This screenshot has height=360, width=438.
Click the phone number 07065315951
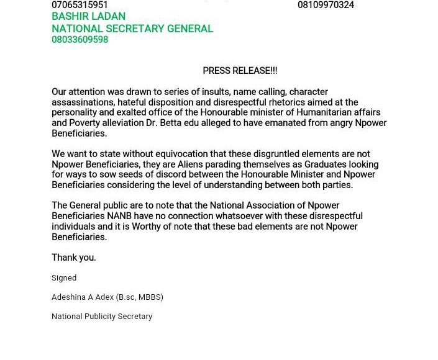click(x=80, y=5)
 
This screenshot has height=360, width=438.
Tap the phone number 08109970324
click(x=326, y=5)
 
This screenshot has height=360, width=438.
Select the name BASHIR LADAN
click(x=88, y=17)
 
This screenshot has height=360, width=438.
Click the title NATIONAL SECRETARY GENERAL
click(x=132, y=29)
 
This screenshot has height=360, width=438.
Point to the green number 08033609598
click(x=80, y=40)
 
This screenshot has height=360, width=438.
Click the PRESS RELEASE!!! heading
click(x=240, y=71)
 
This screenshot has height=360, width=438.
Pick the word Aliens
click(x=190, y=164)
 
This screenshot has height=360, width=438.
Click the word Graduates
click(x=311, y=164)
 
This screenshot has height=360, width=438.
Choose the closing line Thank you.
click(x=73, y=258)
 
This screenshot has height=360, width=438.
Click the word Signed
click(x=64, y=278)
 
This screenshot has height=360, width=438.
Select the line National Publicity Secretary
click(x=102, y=317)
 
